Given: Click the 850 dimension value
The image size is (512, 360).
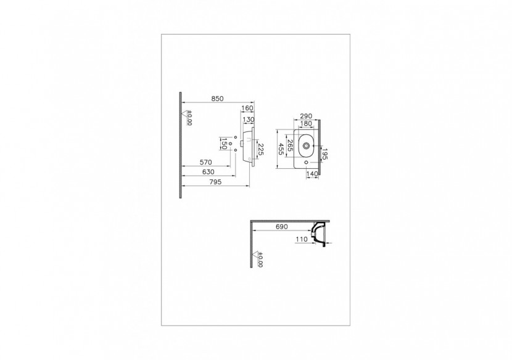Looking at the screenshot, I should point(217,98).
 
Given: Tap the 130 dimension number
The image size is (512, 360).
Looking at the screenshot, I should point(249,120).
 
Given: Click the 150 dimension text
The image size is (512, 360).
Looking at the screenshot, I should point(223,143).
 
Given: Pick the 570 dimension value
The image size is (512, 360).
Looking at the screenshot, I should point(207,163).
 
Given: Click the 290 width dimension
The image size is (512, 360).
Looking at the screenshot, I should point(305,115).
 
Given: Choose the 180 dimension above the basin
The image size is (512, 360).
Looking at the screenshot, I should point(305,123).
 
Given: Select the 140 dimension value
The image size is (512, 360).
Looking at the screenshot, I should point(312,175).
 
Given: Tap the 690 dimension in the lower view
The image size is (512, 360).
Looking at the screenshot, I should point(281,227).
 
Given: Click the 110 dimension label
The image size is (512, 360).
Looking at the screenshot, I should point(302,239).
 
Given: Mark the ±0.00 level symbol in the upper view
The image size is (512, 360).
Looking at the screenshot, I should point(188,117).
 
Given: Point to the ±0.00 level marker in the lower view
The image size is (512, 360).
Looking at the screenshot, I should point(258,260).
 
